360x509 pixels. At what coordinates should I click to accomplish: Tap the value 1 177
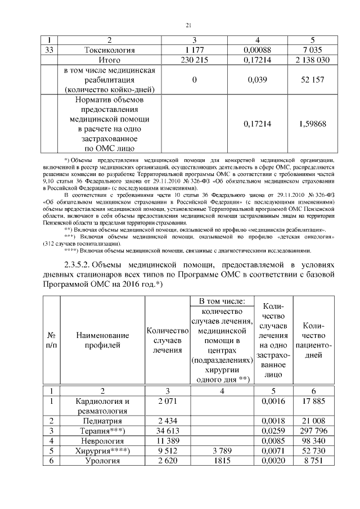tap(193, 50)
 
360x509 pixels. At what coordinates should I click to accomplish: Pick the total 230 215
tap(193, 60)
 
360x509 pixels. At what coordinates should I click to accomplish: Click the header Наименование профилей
tap(103, 341)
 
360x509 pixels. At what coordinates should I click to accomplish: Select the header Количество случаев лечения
tap(166, 341)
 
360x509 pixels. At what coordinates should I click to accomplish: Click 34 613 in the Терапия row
tap(166, 431)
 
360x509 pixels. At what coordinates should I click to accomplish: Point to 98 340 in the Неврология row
tap(313, 441)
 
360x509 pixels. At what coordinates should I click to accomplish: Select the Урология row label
tap(103, 461)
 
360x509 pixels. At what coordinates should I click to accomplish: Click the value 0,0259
tap(273, 431)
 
